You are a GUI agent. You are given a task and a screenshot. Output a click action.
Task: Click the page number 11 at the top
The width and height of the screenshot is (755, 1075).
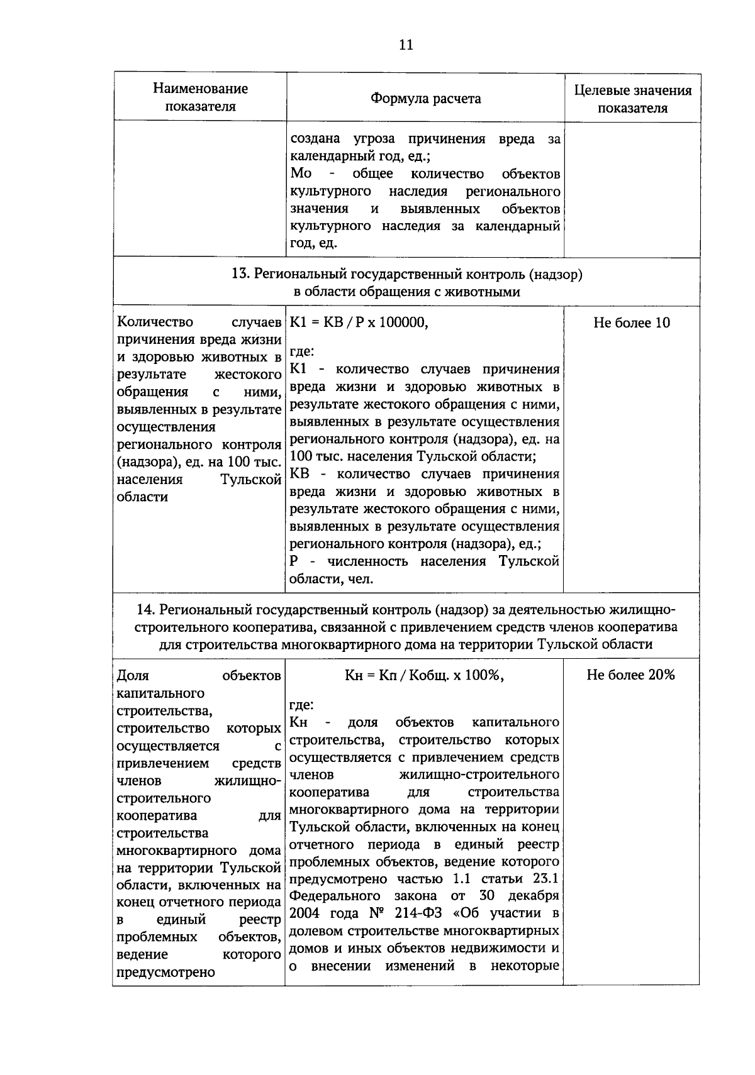406,45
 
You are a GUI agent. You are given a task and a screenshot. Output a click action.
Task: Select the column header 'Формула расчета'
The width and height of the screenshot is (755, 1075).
425,99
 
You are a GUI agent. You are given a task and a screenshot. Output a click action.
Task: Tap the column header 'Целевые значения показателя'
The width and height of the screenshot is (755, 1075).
632,99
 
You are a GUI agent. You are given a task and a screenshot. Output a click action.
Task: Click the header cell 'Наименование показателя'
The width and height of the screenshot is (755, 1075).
200,97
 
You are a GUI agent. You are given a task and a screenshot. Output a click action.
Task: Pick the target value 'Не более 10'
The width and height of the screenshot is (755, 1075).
632,323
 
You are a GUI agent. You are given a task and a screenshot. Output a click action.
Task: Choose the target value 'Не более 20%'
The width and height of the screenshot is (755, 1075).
630,675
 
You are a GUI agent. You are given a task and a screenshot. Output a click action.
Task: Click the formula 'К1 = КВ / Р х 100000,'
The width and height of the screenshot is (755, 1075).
359,323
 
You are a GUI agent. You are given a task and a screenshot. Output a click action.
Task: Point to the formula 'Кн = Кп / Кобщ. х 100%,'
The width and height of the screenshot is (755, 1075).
425,675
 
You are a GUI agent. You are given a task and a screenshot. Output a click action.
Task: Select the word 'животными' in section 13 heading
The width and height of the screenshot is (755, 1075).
489,292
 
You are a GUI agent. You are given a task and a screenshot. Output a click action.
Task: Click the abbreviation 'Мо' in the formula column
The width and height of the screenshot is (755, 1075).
301,174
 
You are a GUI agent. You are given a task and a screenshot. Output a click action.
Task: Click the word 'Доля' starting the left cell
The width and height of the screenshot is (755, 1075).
133,676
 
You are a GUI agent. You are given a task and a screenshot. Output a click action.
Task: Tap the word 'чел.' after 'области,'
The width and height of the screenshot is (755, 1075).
361,579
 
